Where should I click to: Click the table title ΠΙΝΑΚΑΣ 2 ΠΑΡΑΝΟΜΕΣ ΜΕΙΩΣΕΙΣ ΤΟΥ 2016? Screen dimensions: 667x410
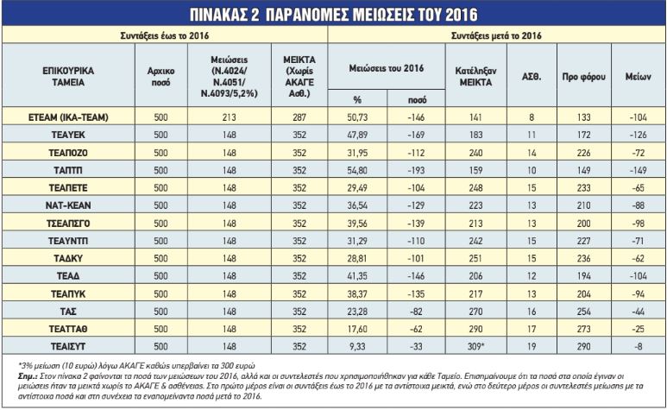(x=333, y=15)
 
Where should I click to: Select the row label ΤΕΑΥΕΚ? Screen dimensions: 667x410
(x=68, y=135)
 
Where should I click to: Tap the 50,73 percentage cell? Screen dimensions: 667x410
(x=357, y=117)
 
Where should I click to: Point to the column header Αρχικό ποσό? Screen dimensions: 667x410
(x=160, y=77)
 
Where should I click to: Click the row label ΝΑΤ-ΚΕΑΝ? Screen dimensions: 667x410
(x=68, y=205)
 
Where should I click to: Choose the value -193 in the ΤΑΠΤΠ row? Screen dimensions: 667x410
(x=416, y=170)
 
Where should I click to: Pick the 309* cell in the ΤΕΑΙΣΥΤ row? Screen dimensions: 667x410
(x=476, y=346)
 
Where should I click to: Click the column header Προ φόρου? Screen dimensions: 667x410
(x=583, y=77)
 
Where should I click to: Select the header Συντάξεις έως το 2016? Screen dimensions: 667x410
(x=165, y=35)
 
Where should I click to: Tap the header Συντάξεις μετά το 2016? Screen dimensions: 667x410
(x=496, y=35)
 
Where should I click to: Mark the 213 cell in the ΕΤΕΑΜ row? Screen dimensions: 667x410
(x=229, y=117)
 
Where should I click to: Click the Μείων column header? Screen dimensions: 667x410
(x=638, y=77)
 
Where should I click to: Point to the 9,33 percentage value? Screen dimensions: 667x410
(x=357, y=346)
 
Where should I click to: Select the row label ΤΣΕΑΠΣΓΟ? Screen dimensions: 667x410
(x=68, y=224)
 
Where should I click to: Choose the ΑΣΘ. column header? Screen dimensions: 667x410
(x=532, y=77)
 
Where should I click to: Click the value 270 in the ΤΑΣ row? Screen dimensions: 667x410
(x=475, y=312)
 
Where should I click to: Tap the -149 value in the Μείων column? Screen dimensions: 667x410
(x=637, y=170)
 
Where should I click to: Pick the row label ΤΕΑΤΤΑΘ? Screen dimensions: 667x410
(x=68, y=329)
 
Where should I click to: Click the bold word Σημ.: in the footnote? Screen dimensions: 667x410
(x=28, y=376)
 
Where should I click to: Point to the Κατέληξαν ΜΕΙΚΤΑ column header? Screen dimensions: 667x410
(x=475, y=77)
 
